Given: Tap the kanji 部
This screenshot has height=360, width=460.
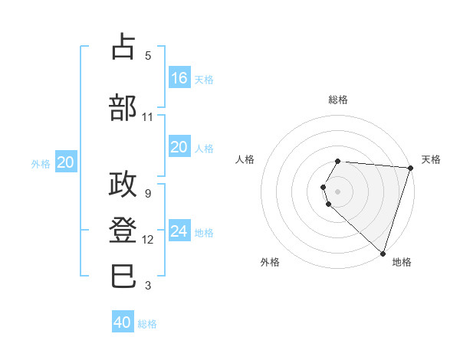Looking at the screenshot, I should click(x=123, y=108).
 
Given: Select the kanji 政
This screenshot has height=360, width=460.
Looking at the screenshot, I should click(x=123, y=185).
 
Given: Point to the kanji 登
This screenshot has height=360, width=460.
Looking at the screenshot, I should click(x=123, y=230).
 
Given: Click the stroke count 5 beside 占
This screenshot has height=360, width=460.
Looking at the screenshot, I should click(x=148, y=55).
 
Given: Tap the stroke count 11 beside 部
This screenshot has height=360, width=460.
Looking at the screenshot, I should click(x=148, y=117).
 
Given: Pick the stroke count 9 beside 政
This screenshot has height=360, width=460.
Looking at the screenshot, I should click(x=148, y=194).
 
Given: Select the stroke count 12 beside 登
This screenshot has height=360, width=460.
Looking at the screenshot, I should click(x=148, y=240).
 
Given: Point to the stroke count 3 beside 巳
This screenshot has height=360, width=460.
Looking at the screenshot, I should click(x=148, y=285).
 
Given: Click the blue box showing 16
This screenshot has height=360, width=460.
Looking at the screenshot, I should click(x=179, y=77).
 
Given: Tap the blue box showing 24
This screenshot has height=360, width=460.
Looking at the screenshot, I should click(x=179, y=231).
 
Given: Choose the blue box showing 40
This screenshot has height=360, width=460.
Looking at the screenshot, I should click(x=123, y=322).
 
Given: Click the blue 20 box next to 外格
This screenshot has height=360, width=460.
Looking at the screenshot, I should click(x=65, y=162).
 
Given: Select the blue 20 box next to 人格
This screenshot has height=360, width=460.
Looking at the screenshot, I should click(x=179, y=147).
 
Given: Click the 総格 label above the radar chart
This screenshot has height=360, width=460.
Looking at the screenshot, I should click(x=338, y=100).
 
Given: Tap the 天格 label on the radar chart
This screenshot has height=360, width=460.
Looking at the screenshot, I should click(x=431, y=159).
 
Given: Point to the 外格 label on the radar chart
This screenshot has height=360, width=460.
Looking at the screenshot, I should click(x=270, y=262).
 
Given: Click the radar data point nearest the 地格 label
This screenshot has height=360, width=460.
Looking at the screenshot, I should click(x=383, y=253).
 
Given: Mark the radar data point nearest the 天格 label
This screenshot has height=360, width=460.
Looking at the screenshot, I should click(x=410, y=168).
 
